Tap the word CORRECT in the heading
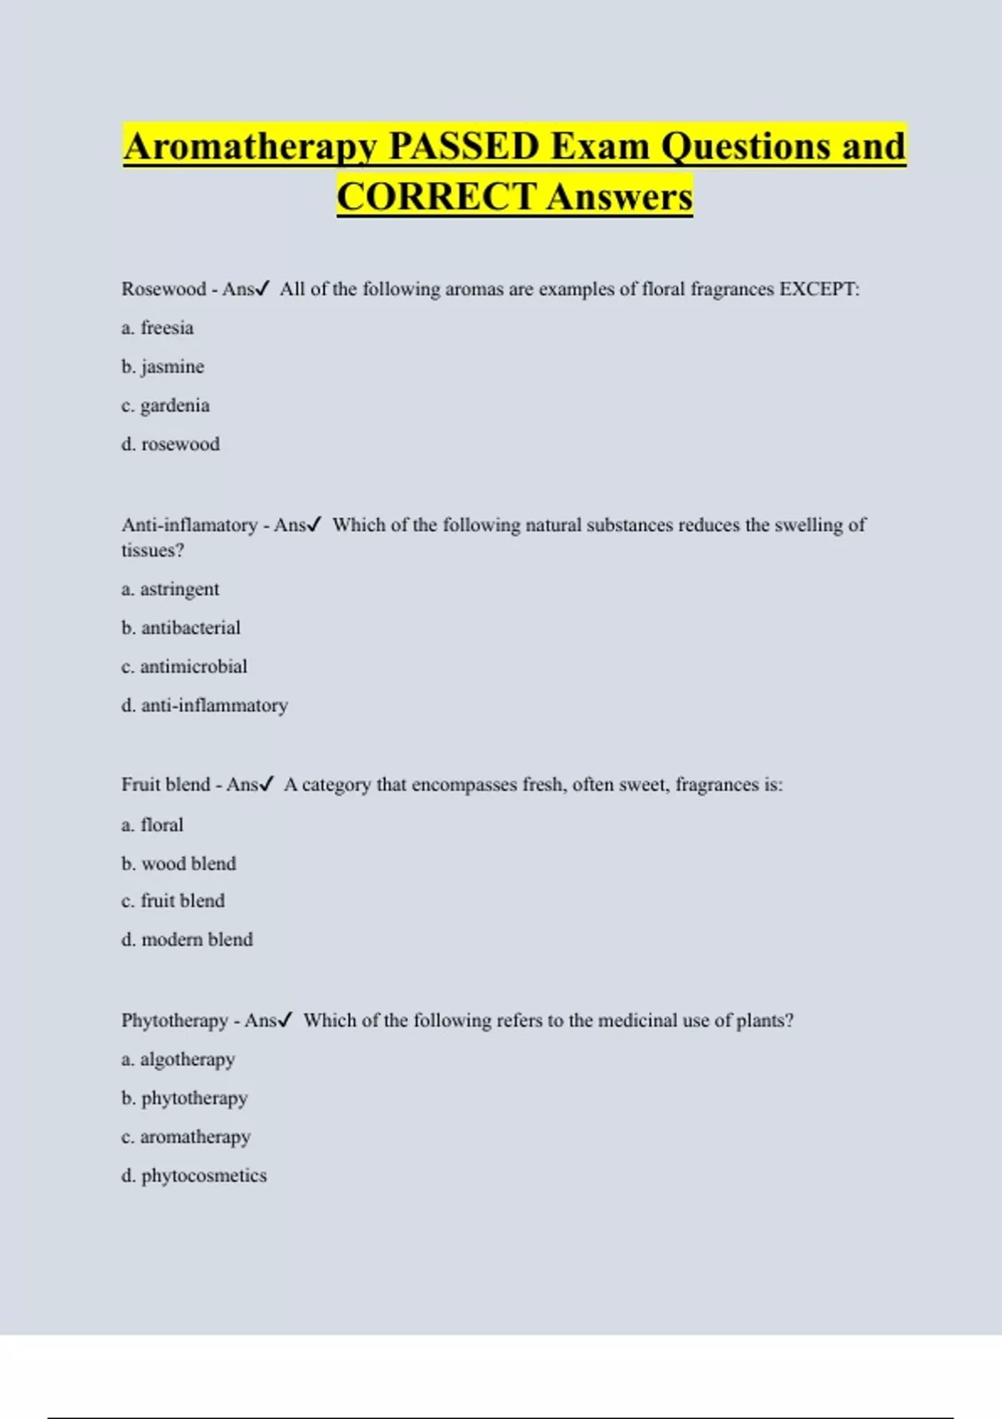click(x=436, y=197)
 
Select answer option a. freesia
click(x=157, y=328)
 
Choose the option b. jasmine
click(x=162, y=366)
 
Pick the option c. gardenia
click(x=165, y=406)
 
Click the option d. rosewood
click(x=170, y=444)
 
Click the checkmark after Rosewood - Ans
click(x=262, y=289)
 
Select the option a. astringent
click(x=170, y=589)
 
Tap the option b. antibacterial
click(x=180, y=628)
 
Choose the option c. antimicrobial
click(x=184, y=667)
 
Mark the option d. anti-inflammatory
click(x=205, y=705)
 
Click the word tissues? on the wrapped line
click(x=153, y=551)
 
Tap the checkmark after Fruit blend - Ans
click(x=266, y=785)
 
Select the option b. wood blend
click(x=179, y=864)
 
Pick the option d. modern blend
click(x=187, y=940)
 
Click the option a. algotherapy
click(x=178, y=1059)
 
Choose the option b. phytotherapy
click(x=185, y=1098)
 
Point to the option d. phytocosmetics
click(x=194, y=1176)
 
